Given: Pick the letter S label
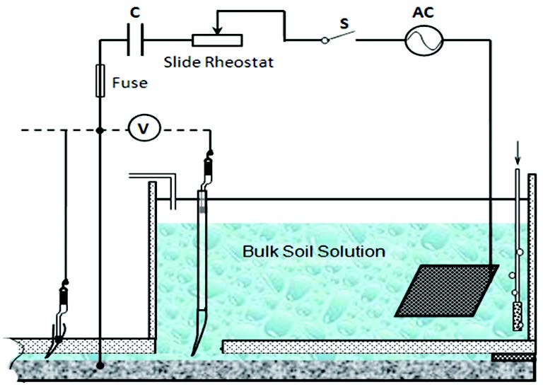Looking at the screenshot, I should point(344,23).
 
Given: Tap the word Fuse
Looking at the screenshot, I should point(129,83).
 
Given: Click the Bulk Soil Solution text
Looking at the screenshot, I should point(313,250).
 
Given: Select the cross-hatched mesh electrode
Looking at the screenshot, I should point(446,290).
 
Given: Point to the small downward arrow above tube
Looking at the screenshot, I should point(517,156).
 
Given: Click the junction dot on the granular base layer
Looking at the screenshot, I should point(100,366).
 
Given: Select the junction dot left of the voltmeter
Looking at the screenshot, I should point(100,129).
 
